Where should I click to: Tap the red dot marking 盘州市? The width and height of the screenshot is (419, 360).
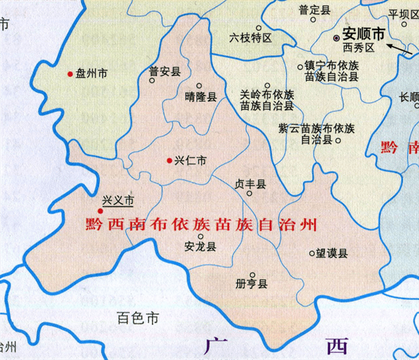[70, 73]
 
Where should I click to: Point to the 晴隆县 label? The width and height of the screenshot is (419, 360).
[201, 98]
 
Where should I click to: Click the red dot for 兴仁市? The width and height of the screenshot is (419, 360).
[169, 160]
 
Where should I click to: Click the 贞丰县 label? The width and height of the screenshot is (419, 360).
[250, 184]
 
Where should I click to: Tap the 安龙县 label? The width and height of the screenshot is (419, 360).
[200, 246]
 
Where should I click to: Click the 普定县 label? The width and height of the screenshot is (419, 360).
[314, 10]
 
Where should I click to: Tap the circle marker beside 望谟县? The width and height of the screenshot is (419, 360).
[311, 254]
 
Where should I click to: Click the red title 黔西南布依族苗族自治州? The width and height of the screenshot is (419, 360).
[200, 225]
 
